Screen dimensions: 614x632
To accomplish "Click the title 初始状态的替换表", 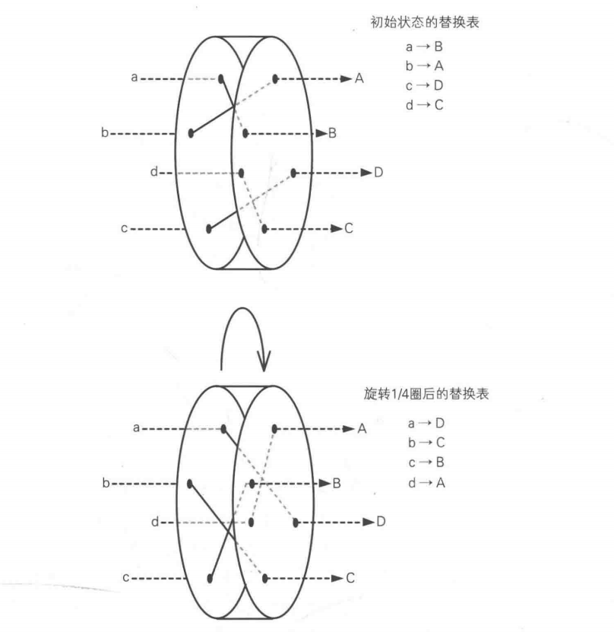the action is (x=425, y=22).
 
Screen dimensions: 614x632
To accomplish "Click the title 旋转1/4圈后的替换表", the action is (x=426, y=393).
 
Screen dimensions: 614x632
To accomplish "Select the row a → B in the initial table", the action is (x=424, y=46).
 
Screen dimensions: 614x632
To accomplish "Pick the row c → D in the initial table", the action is (x=424, y=85).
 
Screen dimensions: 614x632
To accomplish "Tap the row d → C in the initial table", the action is (x=424, y=105).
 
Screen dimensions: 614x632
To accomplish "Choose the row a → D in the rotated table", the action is (x=426, y=423).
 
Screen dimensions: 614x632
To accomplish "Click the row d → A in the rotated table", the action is (x=426, y=482).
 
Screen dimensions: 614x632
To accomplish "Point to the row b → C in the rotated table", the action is (x=426, y=443).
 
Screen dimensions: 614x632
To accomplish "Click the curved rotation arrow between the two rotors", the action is (x=242, y=308).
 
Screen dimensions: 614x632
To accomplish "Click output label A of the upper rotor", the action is (x=359, y=78).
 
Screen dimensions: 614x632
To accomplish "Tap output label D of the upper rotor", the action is (x=378, y=173).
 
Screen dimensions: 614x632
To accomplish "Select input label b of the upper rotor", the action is (x=105, y=132).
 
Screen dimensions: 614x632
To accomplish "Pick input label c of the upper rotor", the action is (x=124, y=228).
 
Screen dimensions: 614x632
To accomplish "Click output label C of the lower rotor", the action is (x=350, y=578).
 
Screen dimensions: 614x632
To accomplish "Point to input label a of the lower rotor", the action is (x=137, y=427).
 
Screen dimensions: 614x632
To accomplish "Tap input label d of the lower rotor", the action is (x=154, y=522).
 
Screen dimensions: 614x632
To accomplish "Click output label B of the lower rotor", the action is (x=337, y=483).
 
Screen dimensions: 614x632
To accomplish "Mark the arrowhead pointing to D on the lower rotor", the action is (x=369, y=522).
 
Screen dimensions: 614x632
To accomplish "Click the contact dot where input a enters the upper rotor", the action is (x=220, y=78).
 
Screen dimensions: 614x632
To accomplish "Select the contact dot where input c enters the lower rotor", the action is (x=210, y=579).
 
